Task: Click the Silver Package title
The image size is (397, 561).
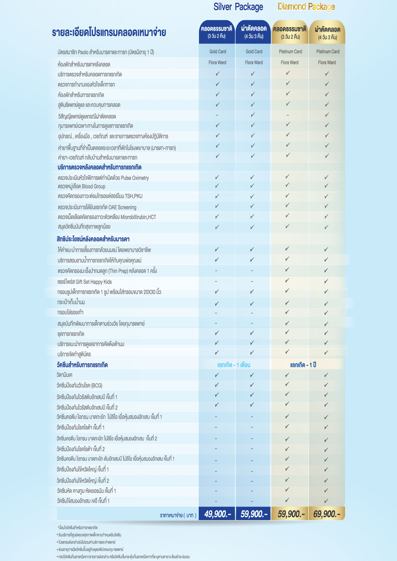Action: tap(238, 7)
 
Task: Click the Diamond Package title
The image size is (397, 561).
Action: tap(306, 7)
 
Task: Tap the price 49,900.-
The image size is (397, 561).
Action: tap(217, 514)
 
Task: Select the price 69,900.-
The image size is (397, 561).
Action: tap(327, 514)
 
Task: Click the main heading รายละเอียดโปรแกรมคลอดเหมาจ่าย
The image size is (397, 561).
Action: tap(109, 33)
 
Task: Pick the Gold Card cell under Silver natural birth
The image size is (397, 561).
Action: tap(217, 52)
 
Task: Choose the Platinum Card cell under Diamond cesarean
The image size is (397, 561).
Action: tap(328, 52)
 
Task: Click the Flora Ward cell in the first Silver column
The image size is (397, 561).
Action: tap(217, 62)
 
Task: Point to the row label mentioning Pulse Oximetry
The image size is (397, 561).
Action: tap(103, 178)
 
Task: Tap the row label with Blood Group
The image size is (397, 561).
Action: tap(81, 187)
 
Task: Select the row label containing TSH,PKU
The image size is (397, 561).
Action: tap(100, 196)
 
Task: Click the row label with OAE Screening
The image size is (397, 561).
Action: tap(97, 207)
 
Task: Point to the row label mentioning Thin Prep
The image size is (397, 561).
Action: tap(107, 271)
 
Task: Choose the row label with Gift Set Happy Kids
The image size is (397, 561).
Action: tap(84, 282)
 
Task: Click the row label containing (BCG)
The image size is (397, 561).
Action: tap(79, 386)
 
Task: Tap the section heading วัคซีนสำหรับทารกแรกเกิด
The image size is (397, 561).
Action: tap(82, 365)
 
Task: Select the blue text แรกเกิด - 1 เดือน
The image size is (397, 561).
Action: tap(234, 365)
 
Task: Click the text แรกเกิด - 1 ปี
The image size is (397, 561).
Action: tap(303, 365)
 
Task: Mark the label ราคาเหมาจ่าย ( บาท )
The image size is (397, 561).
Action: tap(178, 515)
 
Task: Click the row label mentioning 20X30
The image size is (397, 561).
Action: tap(109, 292)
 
